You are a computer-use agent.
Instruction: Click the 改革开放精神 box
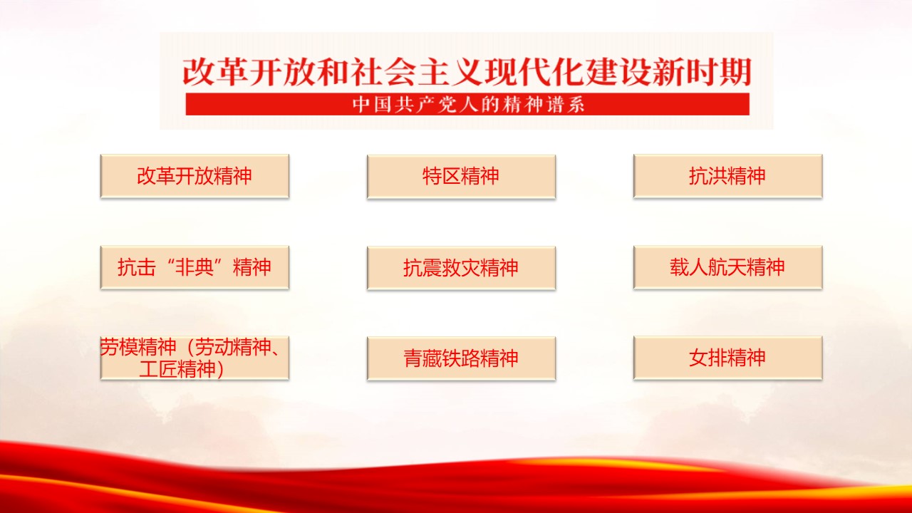click(195, 176)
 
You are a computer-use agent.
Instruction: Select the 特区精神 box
click(461, 177)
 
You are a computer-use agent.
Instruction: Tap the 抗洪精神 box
click(728, 176)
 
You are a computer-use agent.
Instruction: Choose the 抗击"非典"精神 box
click(195, 267)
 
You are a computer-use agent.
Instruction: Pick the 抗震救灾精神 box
click(461, 268)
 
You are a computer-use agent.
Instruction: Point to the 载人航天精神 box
click(728, 267)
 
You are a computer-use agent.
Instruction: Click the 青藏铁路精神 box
click(461, 358)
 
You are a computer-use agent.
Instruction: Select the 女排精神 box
click(728, 358)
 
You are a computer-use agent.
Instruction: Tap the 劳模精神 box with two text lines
click(195, 358)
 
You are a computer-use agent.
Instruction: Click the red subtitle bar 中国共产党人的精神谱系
click(467, 104)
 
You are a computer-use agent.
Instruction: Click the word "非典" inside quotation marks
click(195, 267)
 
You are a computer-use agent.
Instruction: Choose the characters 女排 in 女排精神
click(708, 358)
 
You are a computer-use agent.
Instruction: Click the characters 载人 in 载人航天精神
click(689, 267)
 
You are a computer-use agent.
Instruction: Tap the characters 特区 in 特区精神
click(442, 176)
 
